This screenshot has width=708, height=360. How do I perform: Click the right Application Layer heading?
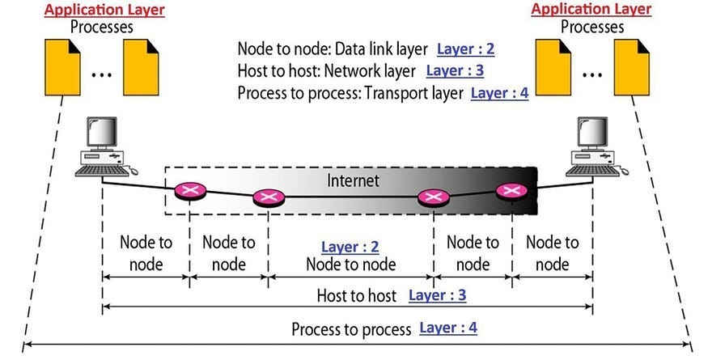591,10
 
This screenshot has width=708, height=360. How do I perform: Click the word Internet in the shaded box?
353,180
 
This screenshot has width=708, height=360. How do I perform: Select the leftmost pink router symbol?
191,192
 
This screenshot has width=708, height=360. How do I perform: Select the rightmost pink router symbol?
510,191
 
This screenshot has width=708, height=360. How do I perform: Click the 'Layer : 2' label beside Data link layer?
465,49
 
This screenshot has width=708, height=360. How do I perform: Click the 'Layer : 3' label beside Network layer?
455,70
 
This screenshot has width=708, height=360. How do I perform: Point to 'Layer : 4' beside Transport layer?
499,93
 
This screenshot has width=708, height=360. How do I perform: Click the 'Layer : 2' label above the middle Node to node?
350,247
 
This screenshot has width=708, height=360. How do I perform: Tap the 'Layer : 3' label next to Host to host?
437,295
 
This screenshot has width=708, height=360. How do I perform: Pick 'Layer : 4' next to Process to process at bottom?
448,328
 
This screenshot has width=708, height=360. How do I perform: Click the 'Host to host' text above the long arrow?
356,296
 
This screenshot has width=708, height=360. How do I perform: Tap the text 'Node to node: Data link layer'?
332,49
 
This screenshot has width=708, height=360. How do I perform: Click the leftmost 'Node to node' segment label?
146,252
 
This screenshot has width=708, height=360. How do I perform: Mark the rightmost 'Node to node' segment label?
553,252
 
